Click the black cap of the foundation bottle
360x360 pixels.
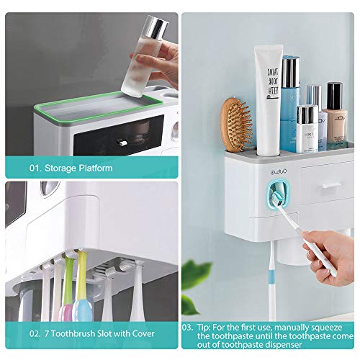[x=334, y=94]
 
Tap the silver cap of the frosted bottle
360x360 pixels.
[x=154, y=29]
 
